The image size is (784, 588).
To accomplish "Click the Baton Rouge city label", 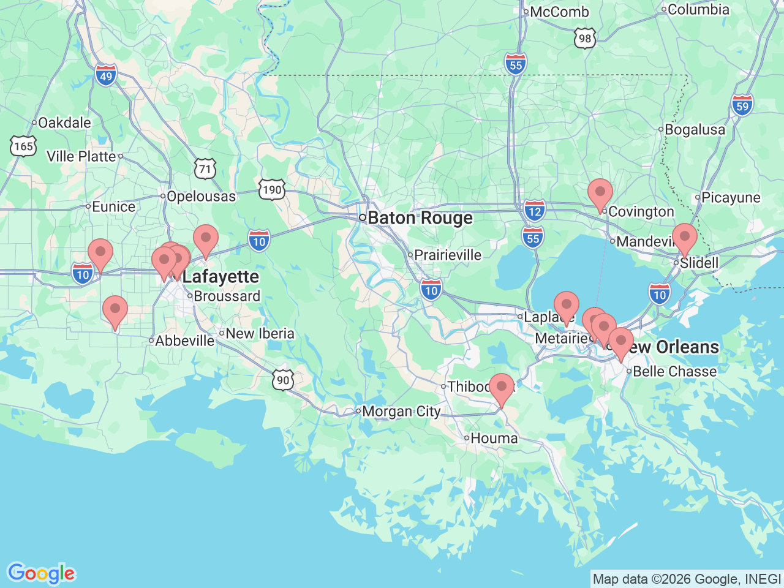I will click(420, 219).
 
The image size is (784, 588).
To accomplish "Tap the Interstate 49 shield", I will click(106, 76).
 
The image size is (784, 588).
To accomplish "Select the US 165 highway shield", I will click(23, 146).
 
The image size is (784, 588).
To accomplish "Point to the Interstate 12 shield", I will click(534, 211).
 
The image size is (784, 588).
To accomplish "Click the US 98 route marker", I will click(585, 39).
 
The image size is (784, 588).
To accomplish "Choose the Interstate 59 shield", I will click(742, 106).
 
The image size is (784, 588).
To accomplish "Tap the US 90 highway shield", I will click(283, 380).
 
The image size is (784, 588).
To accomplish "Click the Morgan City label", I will click(401, 412).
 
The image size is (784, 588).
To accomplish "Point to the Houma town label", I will click(494, 439).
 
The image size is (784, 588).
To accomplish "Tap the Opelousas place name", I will click(201, 197).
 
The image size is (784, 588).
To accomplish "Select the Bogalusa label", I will click(695, 130).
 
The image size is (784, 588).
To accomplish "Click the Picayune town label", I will click(731, 198).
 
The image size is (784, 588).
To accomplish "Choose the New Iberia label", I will click(260, 334).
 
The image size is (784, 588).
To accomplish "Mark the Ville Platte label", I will click(81, 157).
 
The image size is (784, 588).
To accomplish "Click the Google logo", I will click(41, 573).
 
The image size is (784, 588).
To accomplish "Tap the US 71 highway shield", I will click(205, 169).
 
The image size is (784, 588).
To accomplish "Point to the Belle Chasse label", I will click(674, 372).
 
